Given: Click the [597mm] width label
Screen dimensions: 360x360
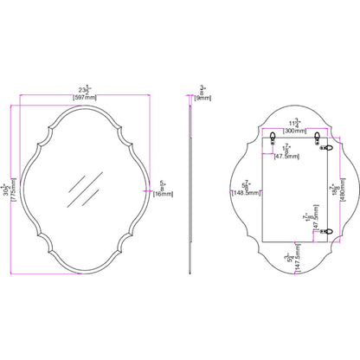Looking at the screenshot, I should (x=84, y=96).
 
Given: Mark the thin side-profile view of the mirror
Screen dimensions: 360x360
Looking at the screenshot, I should (x=189, y=186).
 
